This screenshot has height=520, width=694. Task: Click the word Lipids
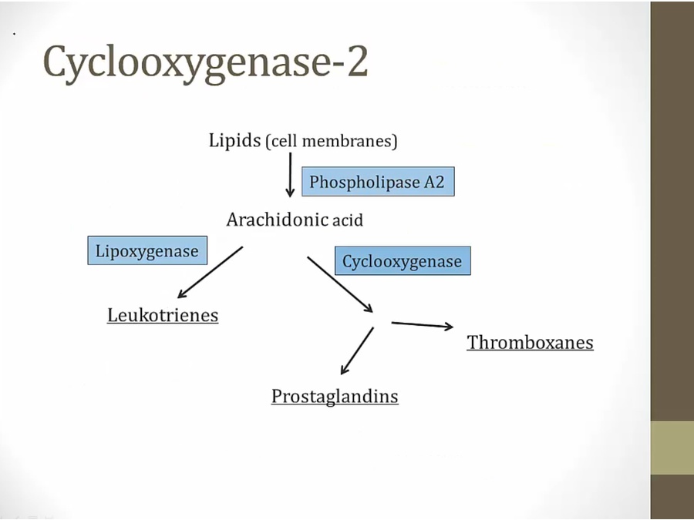(x=234, y=140)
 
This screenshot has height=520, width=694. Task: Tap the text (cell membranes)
(x=332, y=142)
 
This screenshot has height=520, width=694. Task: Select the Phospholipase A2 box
(x=377, y=183)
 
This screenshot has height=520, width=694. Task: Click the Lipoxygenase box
(x=147, y=250)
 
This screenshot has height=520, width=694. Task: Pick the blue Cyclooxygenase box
(x=402, y=261)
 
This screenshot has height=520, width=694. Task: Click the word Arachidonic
(x=278, y=220)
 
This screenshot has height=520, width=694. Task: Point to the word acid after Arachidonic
(x=348, y=221)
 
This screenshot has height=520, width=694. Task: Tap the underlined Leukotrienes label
(x=163, y=315)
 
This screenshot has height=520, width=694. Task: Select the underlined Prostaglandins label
(x=335, y=396)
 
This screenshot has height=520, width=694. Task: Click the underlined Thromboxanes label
(x=530, y=342)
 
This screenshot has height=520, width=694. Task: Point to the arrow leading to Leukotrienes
(x=209, y=273)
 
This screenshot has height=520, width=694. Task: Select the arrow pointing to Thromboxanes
(x=422, y=325)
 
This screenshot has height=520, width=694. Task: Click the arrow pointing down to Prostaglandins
(x=356, y=351)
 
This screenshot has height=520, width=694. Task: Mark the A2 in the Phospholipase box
(x=434, y=183)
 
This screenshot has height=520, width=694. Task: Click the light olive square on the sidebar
(x=672, y=448)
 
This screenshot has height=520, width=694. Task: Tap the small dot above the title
(x=15, y=34)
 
